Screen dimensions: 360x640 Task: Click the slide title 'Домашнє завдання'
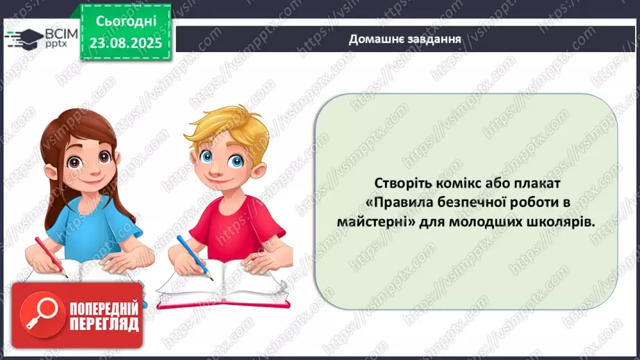click(x=405, y=39)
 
